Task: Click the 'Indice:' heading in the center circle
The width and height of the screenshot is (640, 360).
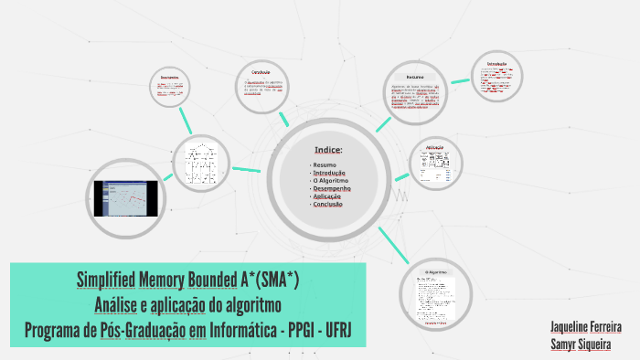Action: (328, 150)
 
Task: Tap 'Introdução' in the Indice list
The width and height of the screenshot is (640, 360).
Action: (327, 173)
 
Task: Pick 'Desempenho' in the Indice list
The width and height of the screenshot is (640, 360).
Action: (330, 189)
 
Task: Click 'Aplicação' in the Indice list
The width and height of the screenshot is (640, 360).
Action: (326, 196)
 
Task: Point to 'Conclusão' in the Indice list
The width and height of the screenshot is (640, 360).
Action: (328, 205)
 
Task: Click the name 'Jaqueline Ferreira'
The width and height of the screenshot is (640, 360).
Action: (593, 326)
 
